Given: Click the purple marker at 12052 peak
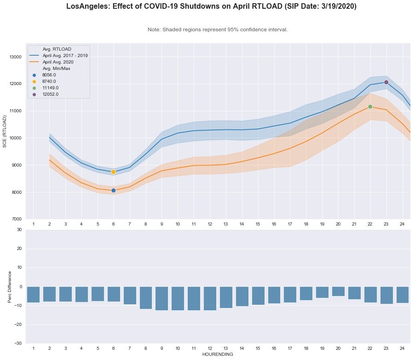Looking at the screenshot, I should [386, 82].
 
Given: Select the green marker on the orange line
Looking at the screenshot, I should [370, 107].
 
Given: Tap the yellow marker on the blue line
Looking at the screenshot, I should [113, 172].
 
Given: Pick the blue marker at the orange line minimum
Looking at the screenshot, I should [113, 190].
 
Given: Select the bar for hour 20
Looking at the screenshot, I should [338, 291].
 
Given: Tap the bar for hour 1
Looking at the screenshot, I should [33, 295].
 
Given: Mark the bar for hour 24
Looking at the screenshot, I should [403, 295].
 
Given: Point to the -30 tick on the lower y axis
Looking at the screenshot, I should [17, 343].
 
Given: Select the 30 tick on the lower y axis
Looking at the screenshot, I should [19, 229].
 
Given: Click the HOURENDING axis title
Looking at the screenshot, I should [218, 354].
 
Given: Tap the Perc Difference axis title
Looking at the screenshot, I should [11, 287].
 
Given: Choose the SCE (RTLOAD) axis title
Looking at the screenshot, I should [5, 131].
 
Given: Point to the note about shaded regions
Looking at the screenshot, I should [218, 29].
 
